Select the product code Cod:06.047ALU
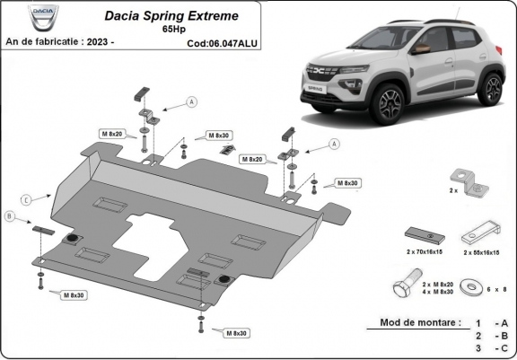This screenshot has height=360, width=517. (222, 42)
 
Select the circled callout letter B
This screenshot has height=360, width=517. (10, 216)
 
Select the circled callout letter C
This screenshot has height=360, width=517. (28, 198)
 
